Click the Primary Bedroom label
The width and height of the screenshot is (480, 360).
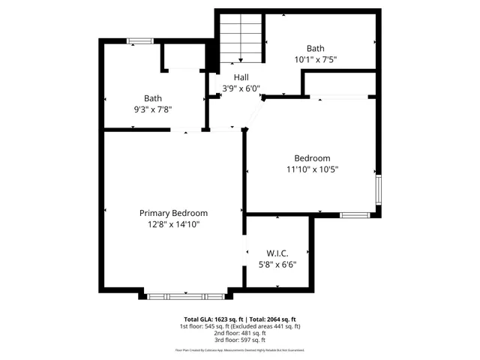(x=173, y=213)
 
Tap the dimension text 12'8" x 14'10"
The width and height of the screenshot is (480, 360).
(x=173, y=223)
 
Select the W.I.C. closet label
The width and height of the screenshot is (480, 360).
(x=277, y=253)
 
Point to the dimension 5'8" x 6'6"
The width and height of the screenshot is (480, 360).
(x=277, y=264)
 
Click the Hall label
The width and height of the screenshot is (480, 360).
(x=241, y=77)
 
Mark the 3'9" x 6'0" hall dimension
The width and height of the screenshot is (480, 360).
(x=241, y=88)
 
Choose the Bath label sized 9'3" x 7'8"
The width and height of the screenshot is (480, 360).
(x=153, y=97)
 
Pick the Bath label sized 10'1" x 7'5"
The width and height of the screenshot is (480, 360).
(x=315, y=48)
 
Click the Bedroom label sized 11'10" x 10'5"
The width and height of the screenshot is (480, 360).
(x=312, y=158)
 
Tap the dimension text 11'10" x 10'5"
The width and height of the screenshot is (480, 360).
(x=312, y=169)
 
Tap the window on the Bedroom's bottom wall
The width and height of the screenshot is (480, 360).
(x=354, y=215)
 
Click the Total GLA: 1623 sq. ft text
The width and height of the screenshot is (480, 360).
(x=213, y=319)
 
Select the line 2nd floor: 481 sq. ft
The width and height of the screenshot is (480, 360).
(x=240, y=334)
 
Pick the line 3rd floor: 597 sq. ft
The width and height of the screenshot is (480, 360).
(x=240, y=341)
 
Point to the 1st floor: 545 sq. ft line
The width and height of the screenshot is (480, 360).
(x=240, y=326)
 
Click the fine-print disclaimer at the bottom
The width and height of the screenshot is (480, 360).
(x=240, y=350)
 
